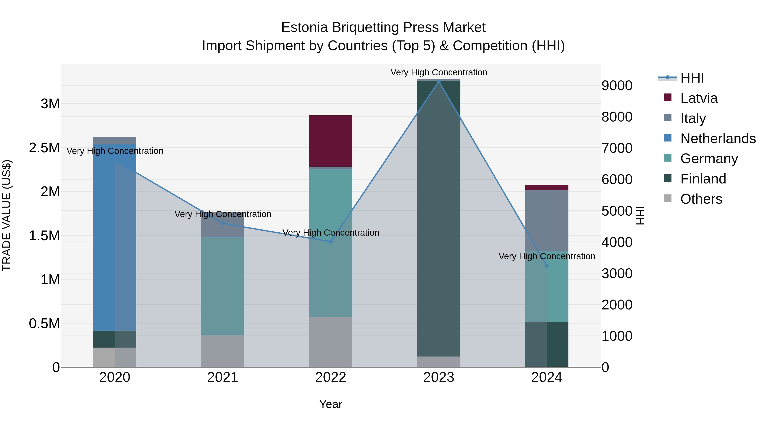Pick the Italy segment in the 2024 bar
[547, 221]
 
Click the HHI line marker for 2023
[439, 82]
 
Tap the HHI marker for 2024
[547, 266]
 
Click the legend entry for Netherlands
[718, 139]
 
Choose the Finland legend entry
[703, 179]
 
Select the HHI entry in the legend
[692, 78]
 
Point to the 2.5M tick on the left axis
[44, 148]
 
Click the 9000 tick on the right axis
[617, 86]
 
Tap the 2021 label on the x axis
[223, 377]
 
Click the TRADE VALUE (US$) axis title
[7, 215]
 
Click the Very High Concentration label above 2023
[439, 72]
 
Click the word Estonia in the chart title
[305, 27]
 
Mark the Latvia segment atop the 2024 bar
[547, 188]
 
